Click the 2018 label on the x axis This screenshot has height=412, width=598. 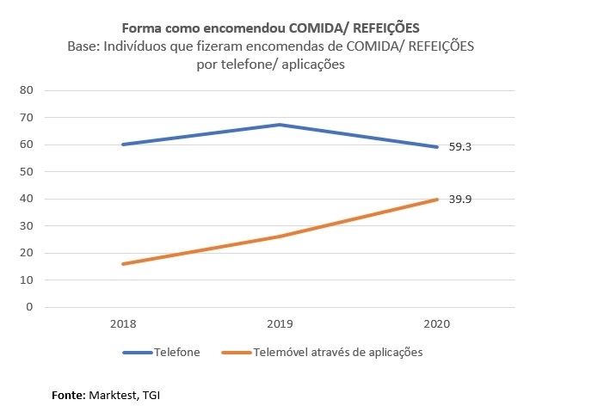(123, 325)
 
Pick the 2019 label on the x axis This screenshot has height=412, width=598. (280, 325)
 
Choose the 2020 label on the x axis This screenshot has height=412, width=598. (436, 325)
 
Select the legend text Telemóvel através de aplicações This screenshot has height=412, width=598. (337, 353)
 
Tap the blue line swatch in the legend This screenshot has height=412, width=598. (137, 353)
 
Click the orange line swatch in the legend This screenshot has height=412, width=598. (236, 353)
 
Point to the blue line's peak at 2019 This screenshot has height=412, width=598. (280, 125)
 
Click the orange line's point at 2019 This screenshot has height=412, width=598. (280, 237)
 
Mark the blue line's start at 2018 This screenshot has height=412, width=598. (123, 145)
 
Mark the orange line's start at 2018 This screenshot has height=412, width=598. (123, 264)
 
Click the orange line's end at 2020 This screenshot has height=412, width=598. (437, 200)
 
